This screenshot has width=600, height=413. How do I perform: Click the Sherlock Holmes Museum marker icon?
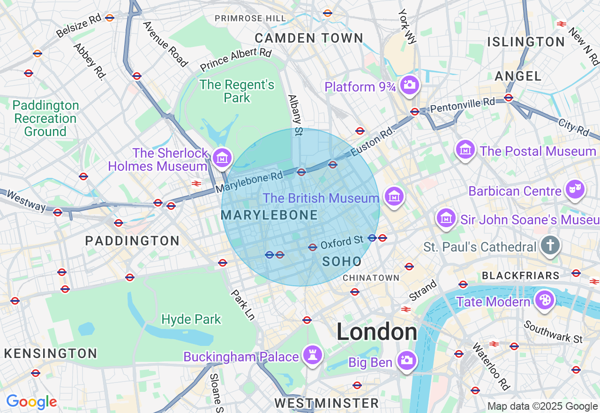point(222,157)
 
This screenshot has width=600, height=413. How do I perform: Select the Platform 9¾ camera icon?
point(410,84)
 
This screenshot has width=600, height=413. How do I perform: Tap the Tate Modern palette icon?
point(544,299)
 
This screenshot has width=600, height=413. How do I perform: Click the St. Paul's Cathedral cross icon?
point(550,245)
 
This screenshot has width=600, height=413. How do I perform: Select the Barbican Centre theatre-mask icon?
point(575,189)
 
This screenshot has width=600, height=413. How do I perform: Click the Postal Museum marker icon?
point(465,150)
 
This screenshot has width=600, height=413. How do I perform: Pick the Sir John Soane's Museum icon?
point(446,218)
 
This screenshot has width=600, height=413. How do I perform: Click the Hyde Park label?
point(191,320)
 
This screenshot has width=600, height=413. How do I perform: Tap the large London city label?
point(376,332)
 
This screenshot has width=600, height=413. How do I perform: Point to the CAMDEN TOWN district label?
point(309,38)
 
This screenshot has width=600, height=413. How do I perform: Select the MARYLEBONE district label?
point(269,215)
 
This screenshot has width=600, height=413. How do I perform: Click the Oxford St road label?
point(342,242)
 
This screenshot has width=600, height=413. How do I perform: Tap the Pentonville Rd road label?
point(462,104)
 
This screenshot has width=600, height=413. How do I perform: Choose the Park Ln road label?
point(243,305)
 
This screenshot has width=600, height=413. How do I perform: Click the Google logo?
point(31,402)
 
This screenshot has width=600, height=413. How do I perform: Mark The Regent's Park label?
point(237,91)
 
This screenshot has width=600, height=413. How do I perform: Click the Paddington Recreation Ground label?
point(45,118)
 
